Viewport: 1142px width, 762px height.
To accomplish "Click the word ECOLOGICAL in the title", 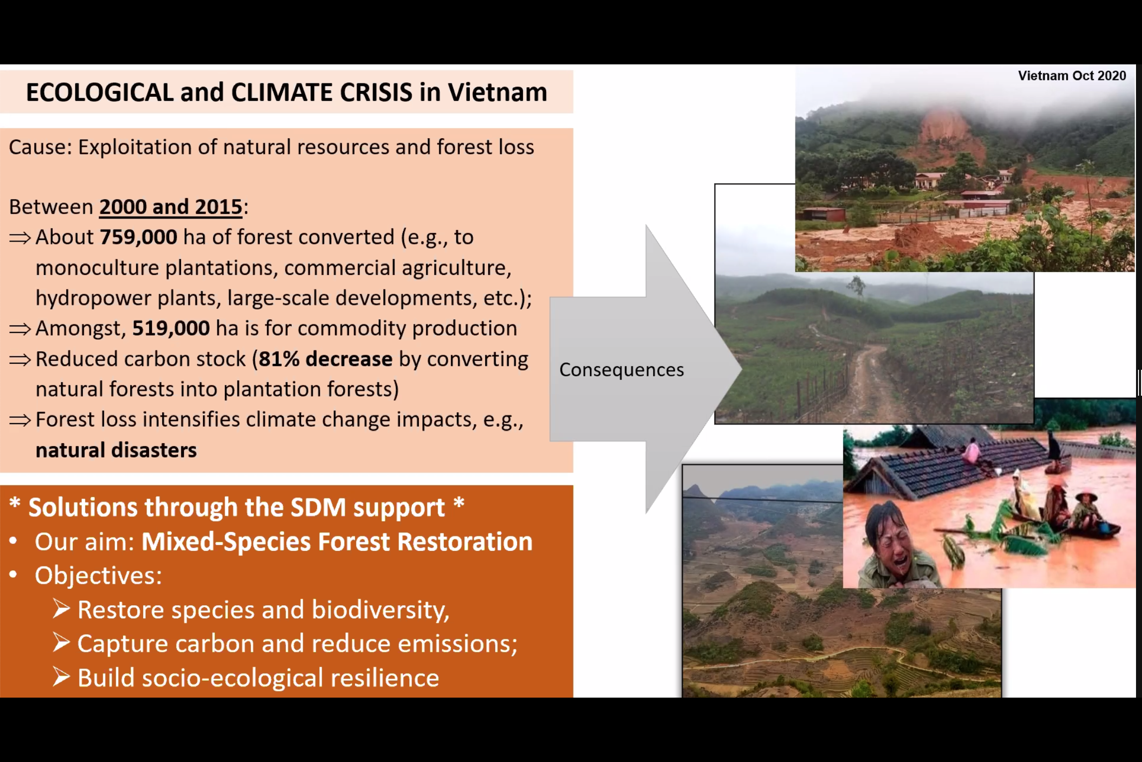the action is coord(100,92).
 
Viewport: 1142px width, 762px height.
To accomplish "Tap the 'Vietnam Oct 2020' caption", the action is coord(1072,76).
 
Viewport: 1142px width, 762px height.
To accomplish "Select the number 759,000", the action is coord(139,237).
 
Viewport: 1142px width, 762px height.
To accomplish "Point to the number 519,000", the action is coord(171,328).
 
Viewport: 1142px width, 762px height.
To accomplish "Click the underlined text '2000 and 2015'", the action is coord(171,207).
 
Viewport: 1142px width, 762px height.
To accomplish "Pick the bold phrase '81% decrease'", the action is coord(326,359).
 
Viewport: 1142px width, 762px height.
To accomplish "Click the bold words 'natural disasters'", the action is coord(116,450).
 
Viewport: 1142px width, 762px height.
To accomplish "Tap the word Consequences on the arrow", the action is coord(621,370).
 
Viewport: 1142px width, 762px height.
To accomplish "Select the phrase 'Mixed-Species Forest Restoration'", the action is coord(337,541).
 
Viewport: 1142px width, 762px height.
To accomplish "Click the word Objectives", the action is coord(98,575).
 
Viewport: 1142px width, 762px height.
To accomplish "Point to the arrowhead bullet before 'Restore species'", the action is coord(61,609).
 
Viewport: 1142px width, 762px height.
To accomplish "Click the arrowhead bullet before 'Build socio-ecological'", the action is coord(61,677).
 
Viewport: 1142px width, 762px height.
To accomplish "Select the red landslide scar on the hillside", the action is coord(948,135).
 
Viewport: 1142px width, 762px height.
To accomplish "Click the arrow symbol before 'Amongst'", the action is coord(20,329).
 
